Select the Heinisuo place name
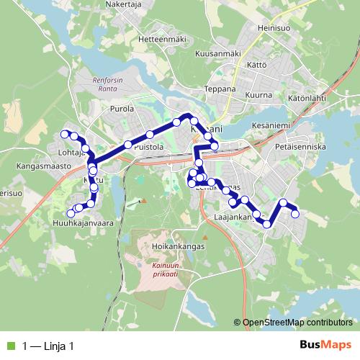tap(275, 29)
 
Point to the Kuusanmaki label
tap(217, 53)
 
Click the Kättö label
tap(258, 65)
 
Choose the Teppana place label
tap(220, 89)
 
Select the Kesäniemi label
tap(271, 126)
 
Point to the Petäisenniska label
tap(301, 146)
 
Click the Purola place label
tap(123, 109)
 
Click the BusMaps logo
tap(325, 346)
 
